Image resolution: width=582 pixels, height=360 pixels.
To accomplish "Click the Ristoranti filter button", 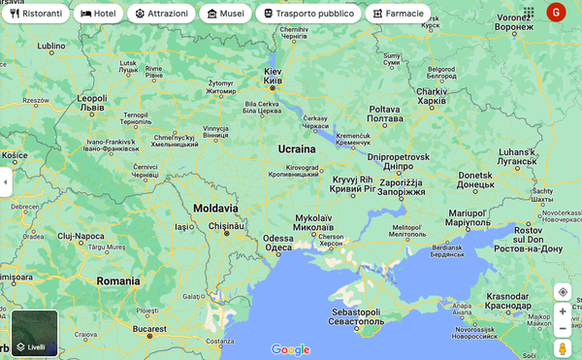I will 37,14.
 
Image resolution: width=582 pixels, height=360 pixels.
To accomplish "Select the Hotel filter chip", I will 98,14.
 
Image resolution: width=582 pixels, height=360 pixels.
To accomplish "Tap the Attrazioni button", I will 161,14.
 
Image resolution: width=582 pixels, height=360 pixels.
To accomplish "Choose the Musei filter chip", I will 225,14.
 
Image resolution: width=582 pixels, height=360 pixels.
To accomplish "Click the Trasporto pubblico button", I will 308,14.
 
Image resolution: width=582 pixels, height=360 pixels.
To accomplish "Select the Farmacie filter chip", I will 398,14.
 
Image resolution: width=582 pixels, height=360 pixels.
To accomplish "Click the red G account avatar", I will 556,13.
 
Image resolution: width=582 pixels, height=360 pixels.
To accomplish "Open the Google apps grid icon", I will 529,13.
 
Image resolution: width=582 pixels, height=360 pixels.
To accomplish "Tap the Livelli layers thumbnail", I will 35,333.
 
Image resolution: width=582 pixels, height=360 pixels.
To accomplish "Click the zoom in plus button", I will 563,311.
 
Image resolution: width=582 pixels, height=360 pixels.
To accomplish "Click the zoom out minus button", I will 563,328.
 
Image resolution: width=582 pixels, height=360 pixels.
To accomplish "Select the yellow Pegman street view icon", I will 563,348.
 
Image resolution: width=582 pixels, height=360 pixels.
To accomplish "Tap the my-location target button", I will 563,291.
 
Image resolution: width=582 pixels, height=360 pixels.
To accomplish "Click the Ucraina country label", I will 297,149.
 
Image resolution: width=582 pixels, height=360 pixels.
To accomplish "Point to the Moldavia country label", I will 215,209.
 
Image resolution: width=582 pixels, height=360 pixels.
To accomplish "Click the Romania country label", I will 118,281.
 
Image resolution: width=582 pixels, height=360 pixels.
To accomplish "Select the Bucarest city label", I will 150,329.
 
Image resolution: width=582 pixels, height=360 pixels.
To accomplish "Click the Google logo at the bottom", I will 290,349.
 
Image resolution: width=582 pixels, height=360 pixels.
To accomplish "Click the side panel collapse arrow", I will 5,181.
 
